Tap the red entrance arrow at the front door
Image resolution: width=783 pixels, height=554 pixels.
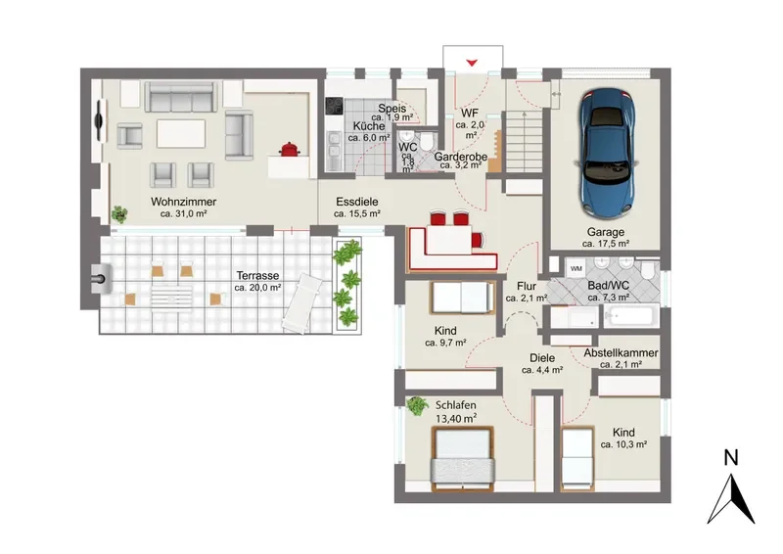point(472,63)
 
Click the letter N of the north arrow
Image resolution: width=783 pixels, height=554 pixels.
point(731,458)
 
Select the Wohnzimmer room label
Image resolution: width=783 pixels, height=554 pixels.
point(183,202)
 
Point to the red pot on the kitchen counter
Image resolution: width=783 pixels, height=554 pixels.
point(289,149)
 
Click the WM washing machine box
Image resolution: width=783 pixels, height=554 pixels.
point(576,268)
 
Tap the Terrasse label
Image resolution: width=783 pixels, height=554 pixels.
point(257,276)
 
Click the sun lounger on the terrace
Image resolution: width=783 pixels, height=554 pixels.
point(301,303)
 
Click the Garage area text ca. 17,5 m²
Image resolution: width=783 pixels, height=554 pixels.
point(605,244)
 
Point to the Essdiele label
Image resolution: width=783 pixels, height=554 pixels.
point(357,202)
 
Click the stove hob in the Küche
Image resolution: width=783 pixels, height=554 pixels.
point(334,106)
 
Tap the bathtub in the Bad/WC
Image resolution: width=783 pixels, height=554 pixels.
point(631,317)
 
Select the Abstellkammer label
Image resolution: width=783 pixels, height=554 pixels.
point(621,352)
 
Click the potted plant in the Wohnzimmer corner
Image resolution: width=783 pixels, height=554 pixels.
point(119,214)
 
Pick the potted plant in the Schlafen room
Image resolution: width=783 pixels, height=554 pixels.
point(417,405)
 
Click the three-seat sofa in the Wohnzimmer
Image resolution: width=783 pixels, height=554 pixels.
point(180,97)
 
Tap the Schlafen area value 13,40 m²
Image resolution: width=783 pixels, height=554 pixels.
point(456,419)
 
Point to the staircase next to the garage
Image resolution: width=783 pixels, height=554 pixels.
point(525,141)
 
